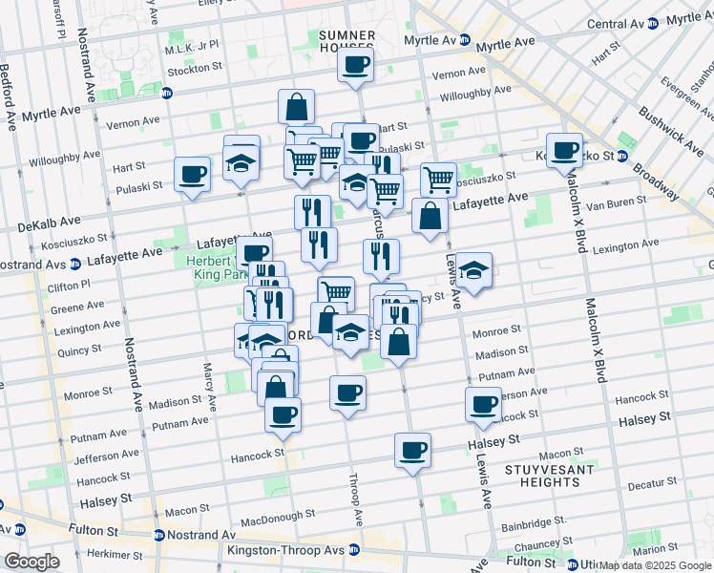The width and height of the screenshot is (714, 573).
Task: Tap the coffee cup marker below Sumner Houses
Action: click(355, 66)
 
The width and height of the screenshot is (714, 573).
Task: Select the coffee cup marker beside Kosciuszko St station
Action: click(565, 151)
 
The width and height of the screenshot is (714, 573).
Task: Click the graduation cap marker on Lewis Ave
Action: click(473, 271)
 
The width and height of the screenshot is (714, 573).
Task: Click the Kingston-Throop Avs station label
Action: click(287, 550)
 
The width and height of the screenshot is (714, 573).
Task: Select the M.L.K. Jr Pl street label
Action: click(192, 48)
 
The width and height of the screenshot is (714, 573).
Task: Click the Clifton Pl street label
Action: click(70, 285)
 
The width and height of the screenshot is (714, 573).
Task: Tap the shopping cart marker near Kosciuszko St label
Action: click(438, 179)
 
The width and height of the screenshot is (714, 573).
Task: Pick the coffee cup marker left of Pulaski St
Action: click(192, 176)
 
